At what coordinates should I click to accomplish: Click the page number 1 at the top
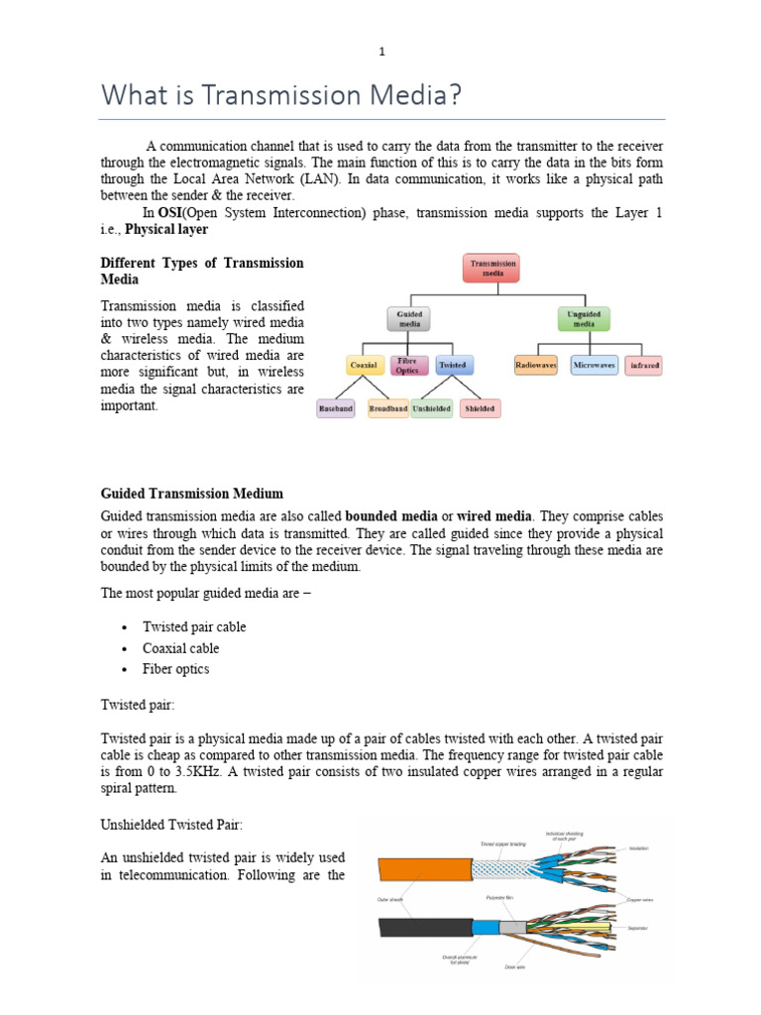pos(381,53)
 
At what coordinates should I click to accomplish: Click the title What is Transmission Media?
pos(282,98)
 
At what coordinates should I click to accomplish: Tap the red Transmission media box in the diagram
pos(491,269)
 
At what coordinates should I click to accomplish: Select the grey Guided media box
pos(409,318)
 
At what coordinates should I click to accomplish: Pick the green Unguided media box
pos(585,318)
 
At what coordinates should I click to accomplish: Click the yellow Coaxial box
pos(363,366)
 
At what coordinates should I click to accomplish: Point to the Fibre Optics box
pos(409,366)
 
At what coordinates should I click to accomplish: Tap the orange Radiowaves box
pos(536,366)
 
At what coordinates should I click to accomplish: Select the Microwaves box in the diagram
pos(595,366)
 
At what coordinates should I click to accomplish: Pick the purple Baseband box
pos(335,408)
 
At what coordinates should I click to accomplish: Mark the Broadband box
pos(387,408)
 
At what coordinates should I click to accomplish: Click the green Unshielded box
pos(431,408)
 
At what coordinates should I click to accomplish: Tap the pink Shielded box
pos(480,408)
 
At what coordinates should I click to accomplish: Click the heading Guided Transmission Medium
pos(192,493)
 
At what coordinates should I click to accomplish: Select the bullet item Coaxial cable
pos(181,648)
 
